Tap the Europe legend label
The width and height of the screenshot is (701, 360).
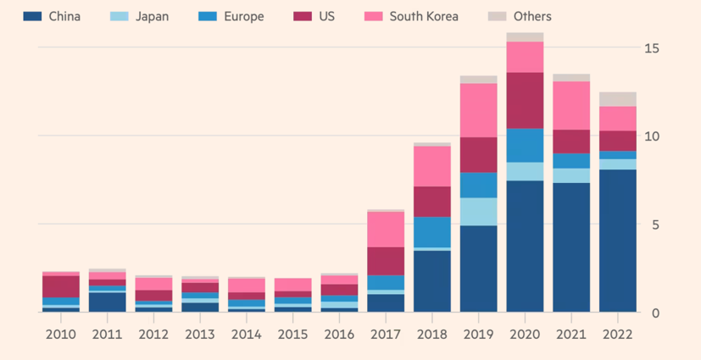(243, 16)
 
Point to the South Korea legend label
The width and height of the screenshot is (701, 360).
(424, 16)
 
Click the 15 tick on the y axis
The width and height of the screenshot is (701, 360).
(651, 47)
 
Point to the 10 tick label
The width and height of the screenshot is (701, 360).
(651, 136)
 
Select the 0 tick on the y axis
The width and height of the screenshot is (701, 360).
(655, 313)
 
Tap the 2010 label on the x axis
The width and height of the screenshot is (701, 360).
(60, 335)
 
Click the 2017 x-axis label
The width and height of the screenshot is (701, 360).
(386, 335)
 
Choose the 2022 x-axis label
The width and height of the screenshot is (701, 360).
(618, 335)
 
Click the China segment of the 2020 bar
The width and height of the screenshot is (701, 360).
(525, 246)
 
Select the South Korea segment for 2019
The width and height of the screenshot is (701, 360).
(478, 110)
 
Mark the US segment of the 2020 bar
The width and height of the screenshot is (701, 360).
(525, 100)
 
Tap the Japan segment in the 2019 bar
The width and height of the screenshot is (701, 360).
(478, 211)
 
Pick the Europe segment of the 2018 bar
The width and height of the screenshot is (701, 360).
(432, 231)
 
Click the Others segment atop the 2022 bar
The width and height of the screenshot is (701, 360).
(618, 98)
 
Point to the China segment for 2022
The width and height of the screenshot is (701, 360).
(618, 241)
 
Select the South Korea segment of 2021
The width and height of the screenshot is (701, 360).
(571, 105)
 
